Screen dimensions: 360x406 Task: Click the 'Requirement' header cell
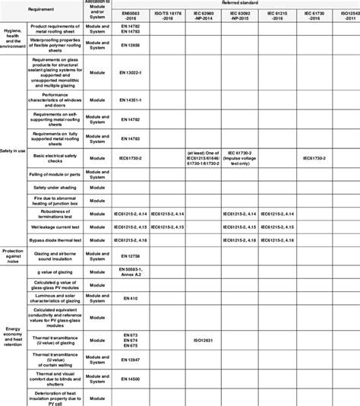click(x=41, y=9)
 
